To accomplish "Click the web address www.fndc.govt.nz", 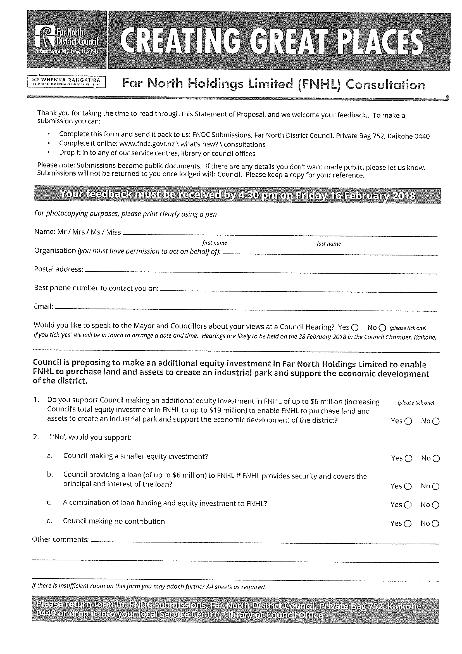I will [147, 144].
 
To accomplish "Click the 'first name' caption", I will [214, 243].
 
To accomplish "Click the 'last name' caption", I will [329, 244].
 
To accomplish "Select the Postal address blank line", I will [260, 272].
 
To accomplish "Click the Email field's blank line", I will [246, 309].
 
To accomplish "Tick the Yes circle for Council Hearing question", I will [355, 328].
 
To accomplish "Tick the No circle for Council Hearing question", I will [383, 328].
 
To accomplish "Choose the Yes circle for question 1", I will [408, 421].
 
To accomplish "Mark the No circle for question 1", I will [436, 421].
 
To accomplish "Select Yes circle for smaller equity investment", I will [408, 458].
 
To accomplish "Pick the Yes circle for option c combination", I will [408, 505].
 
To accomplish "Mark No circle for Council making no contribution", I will [435, 523].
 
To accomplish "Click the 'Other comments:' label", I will [60, 539].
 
